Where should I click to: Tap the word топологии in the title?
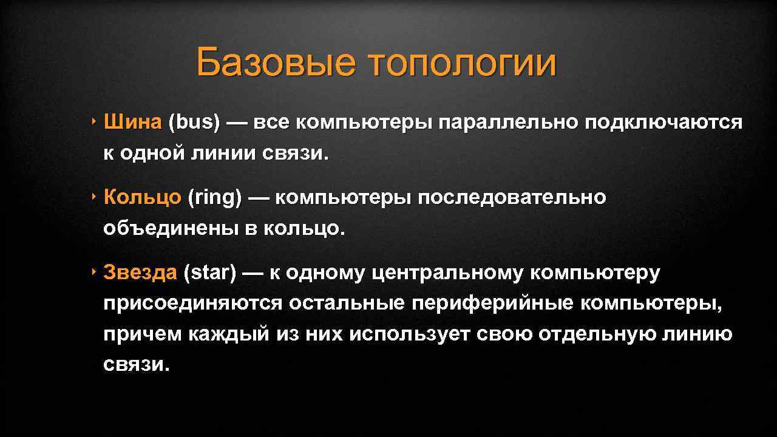[461, 63]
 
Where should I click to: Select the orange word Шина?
[132, 122]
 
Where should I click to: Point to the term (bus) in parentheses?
[194, 122]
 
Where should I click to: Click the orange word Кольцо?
[142, 197]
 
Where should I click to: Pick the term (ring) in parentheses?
[215, 197]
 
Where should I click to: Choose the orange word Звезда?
[140, 273]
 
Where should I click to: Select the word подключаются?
[663, 122]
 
